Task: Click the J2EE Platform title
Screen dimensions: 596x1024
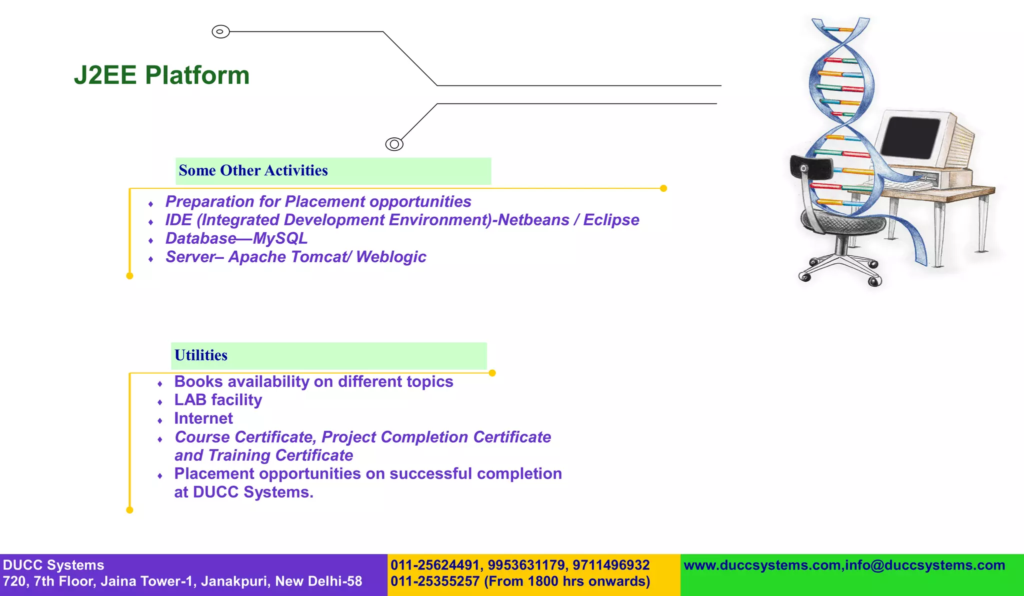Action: click(161, 75)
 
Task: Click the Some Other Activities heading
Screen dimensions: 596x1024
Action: click(253, 171)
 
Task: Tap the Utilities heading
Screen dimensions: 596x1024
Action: click(200, 355)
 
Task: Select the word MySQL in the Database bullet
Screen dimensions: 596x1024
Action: click(280, 239)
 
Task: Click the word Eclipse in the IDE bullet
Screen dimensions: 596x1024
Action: click(611, 220)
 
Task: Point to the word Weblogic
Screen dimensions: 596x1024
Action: click(391, 257)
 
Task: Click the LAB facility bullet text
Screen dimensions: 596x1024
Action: click(218, 400)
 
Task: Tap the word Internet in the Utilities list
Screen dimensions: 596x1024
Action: click(203, 419)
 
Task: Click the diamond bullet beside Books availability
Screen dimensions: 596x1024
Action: click(160, 384)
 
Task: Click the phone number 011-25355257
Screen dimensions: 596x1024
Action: click(435, 582)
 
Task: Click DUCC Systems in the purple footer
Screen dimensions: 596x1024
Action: click(53, 566)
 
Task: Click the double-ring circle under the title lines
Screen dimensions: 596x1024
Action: click(394, 144)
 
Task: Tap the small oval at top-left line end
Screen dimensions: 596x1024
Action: click(220, 31)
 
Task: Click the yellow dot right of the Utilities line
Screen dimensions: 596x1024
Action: click(492, 373)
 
